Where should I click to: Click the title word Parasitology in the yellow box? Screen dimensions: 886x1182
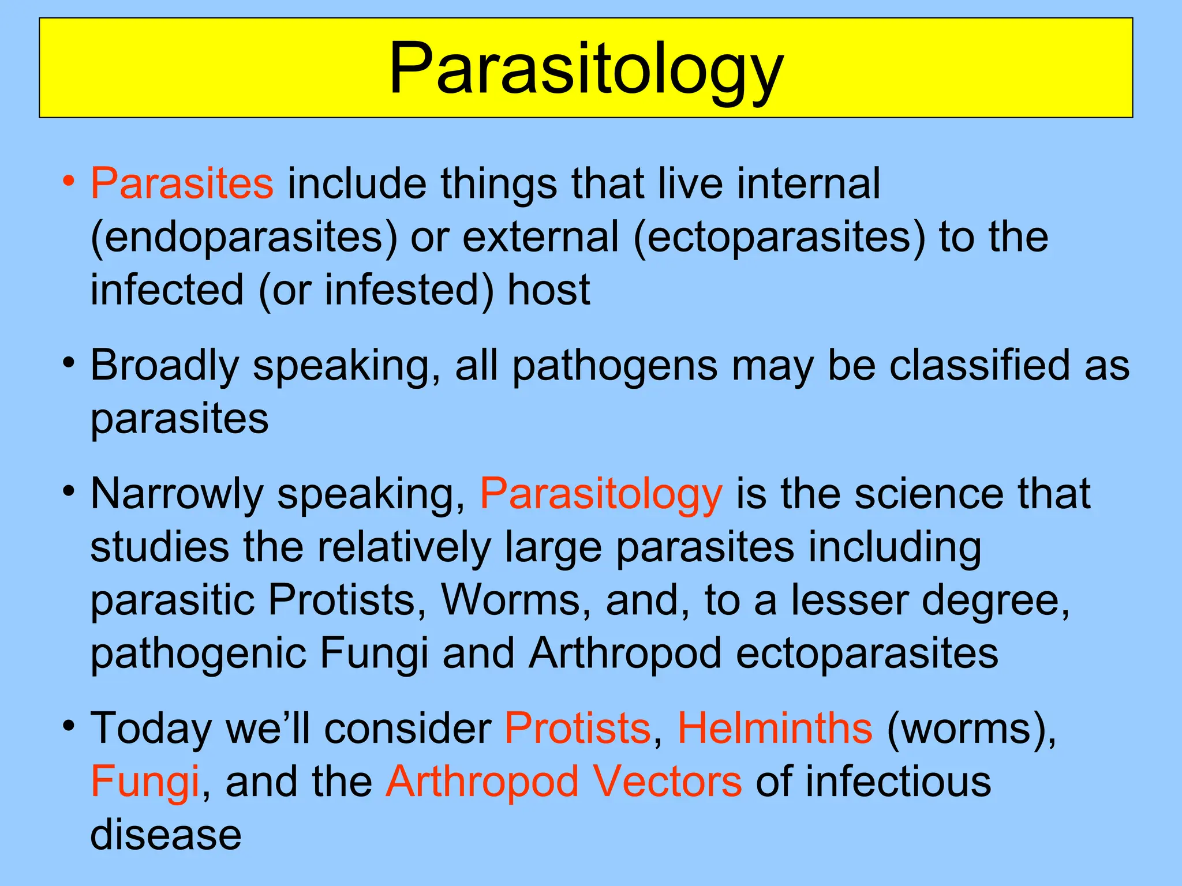point(586,69)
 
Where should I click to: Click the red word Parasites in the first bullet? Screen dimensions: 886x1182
point(182,183)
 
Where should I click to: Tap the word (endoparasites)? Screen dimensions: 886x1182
point(244,237)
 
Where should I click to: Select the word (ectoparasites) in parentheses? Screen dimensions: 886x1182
point(779,237)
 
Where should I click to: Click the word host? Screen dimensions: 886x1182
point(548,290)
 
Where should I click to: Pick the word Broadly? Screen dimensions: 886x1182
point(164,366)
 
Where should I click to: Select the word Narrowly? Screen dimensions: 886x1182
point(176,494)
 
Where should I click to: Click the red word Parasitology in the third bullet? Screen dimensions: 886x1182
point(601,494)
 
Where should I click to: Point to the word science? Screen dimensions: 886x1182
point(929,494)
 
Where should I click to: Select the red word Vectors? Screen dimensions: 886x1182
point(667,782)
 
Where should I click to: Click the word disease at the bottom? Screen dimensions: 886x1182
point(166,835)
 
